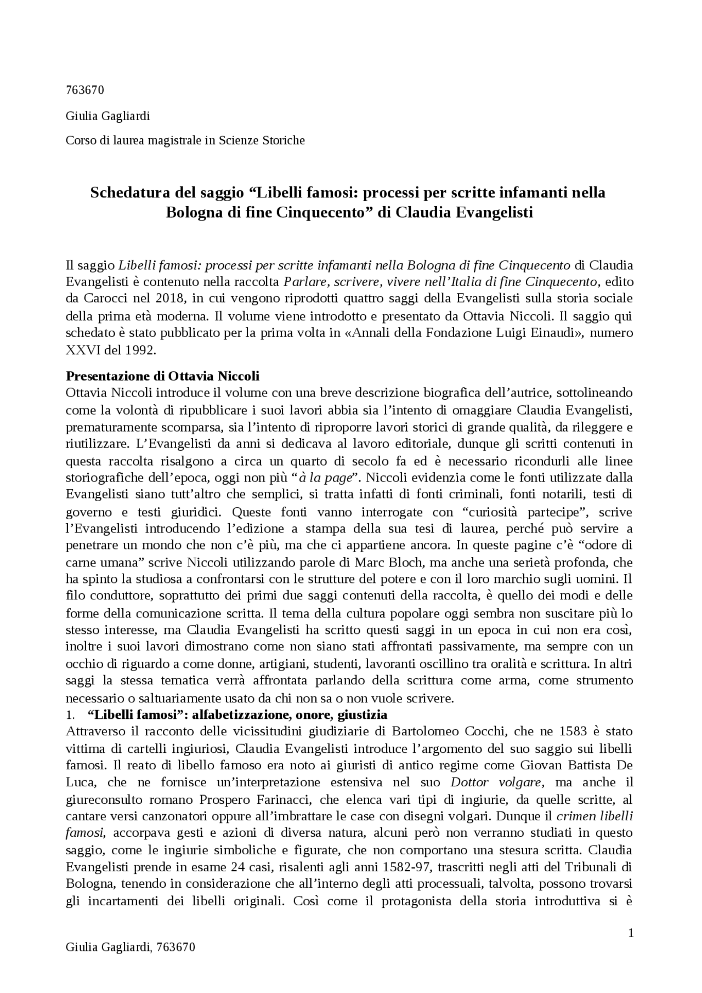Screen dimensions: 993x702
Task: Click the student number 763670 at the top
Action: [84, 90]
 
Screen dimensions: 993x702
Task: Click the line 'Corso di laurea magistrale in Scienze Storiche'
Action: [185, 140]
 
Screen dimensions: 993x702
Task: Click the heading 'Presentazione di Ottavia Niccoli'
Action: [162, 376]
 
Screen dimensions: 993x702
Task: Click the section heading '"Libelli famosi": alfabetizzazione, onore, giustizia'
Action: [237, 715]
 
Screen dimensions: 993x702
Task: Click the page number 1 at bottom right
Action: [631, 933]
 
